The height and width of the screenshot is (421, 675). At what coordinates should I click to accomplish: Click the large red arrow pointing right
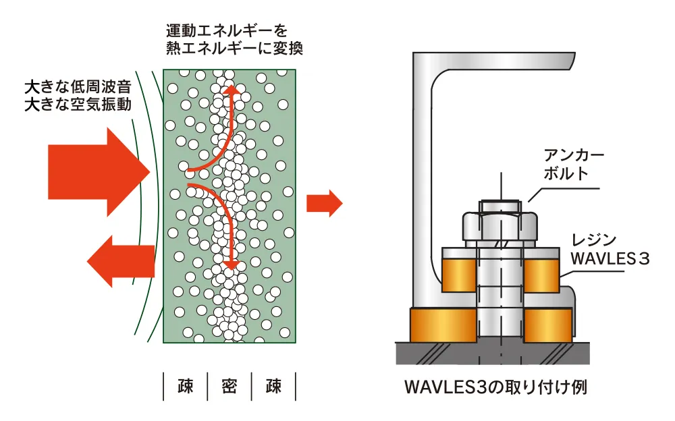click(x=94, y=171)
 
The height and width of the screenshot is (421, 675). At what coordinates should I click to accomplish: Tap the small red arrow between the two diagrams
click(x=325, y=203)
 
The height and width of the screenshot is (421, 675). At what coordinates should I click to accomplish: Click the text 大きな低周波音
click(x=77, y=87)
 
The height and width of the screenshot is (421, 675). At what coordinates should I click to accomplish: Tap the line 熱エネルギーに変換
click(x=234, y=49)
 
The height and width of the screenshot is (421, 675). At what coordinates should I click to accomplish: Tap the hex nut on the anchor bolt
click(x=500, y=227)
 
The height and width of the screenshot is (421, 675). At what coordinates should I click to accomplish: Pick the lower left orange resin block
click(x=442, y=325)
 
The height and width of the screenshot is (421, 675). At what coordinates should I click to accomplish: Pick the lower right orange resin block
click(x=548, y=325)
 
